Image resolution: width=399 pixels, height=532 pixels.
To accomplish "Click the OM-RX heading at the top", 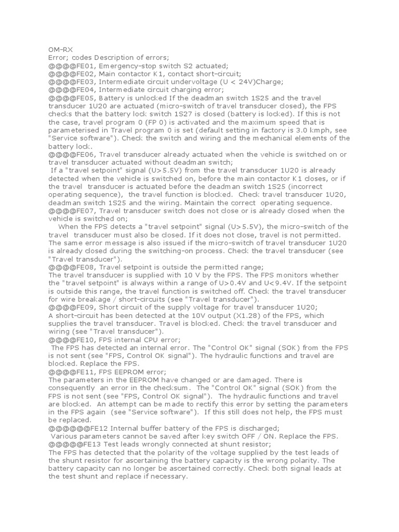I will pos(61,50).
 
